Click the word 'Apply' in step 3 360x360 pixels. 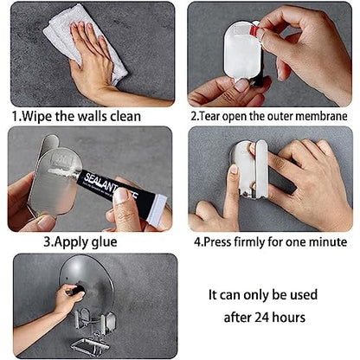tap(72, 242)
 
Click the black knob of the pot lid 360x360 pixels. tap(77, 290)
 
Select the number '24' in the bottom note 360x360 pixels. tap(261, 318)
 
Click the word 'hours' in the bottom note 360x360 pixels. tap(288, 317)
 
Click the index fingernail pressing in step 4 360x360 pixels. tap(234, 169)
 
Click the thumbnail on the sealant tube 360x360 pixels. tap(122, 196)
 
